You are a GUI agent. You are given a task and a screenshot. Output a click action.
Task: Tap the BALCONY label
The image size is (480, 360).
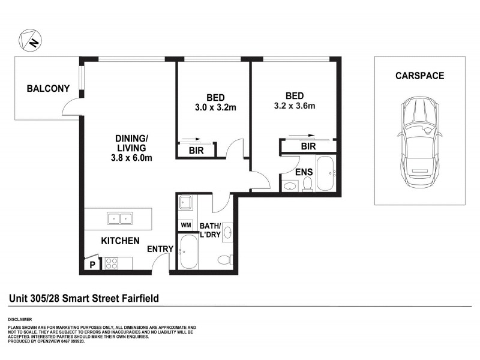[x=48, y=89]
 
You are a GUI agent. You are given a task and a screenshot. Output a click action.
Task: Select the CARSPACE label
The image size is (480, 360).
[x=419, y=76]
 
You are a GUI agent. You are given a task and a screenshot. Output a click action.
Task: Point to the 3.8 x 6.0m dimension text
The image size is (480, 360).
[x=131, y=158]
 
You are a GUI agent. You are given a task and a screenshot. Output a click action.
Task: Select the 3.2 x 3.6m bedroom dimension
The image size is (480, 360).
[x=294, y=107]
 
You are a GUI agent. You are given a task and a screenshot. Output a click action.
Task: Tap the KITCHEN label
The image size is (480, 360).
[x=120, y=241]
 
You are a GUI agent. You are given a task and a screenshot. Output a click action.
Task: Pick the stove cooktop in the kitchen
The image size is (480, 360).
[x=112, y=263]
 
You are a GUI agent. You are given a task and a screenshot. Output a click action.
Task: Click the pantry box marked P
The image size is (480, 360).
[x=92, y=263]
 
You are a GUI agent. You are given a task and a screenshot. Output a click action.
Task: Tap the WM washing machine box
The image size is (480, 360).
[x=185, y=225]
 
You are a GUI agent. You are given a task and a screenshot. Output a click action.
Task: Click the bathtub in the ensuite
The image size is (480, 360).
[x=326, y=174]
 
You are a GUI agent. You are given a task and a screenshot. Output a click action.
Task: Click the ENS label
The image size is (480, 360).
[x=304, y=172]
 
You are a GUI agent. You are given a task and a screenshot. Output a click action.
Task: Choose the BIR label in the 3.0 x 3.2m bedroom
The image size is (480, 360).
[x=196, y=151]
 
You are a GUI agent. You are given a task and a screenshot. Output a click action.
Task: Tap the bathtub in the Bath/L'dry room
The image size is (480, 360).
[x=188, y=253]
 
